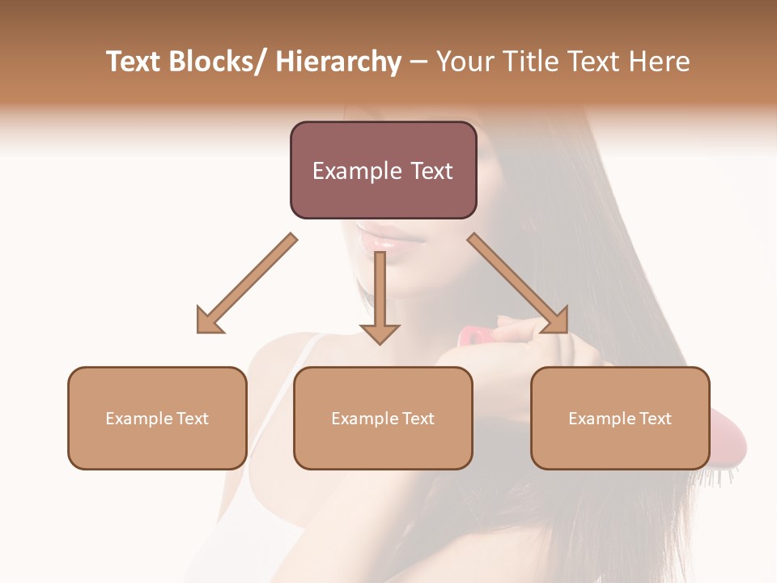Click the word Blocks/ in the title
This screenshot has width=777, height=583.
click(213, 62)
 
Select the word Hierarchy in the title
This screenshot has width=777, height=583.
click(338, 62)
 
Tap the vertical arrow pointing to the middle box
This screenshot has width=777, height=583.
click(380, 291)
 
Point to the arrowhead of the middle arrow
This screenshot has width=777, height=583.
click(380, 331)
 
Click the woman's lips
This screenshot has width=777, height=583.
click(380, 239)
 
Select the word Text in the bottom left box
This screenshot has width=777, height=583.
click(192, 419)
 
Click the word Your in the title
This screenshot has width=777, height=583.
click(465, 62)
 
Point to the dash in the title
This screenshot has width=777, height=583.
click(418, 62)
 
